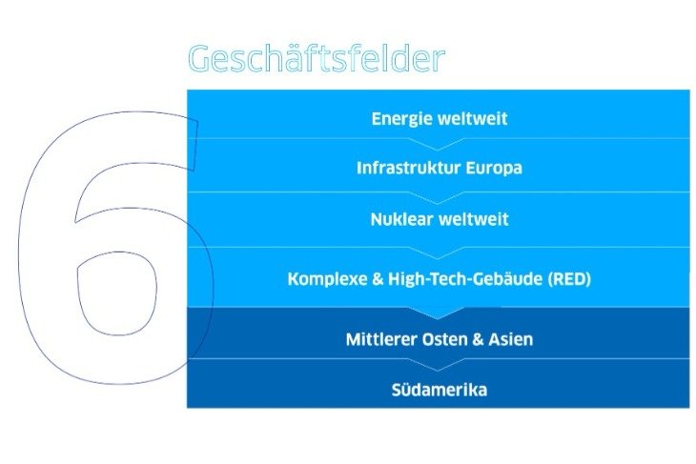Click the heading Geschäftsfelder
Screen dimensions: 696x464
317,58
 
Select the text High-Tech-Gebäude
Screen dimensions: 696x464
465,279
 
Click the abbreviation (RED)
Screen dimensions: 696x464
569,279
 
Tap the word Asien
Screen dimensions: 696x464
511,339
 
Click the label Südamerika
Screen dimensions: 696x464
440,390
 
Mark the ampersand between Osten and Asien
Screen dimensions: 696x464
478,339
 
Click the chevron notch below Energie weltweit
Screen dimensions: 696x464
438,145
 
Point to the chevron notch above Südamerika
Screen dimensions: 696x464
438,364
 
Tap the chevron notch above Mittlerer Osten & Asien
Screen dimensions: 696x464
438,313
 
